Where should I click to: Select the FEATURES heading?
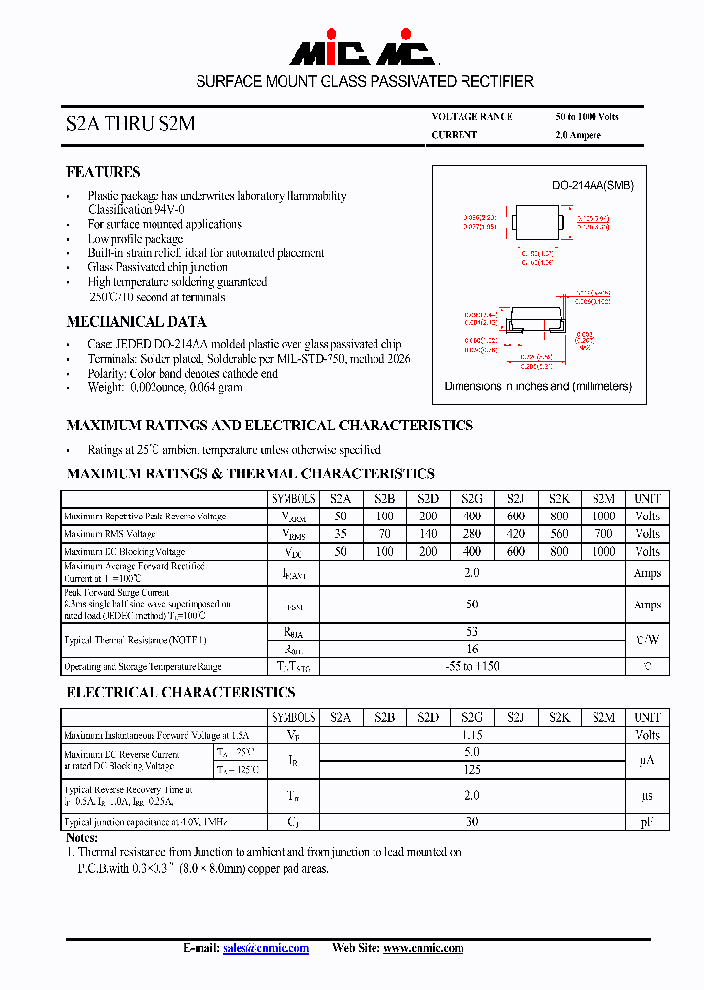pos(103,172)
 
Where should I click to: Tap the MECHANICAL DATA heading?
pos(136,322)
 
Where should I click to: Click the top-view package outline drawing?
pos(534,224)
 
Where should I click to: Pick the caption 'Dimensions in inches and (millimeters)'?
pos(538,386)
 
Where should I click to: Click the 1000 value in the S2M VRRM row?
pos(604,517)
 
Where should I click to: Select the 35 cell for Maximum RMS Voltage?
pos(340,534)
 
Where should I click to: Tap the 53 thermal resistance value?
pos(472,632)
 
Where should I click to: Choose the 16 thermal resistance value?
pos(472,649)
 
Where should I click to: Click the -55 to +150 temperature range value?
pos(472,667)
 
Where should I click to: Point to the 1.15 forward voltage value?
pos(472,735)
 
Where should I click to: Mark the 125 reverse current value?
pos(472,770)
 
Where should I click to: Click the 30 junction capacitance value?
pos(472,822)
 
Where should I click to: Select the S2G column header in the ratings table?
pos(472,498)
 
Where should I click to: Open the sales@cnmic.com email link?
pos(266,948)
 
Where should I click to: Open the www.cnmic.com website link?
pos(422,948)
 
